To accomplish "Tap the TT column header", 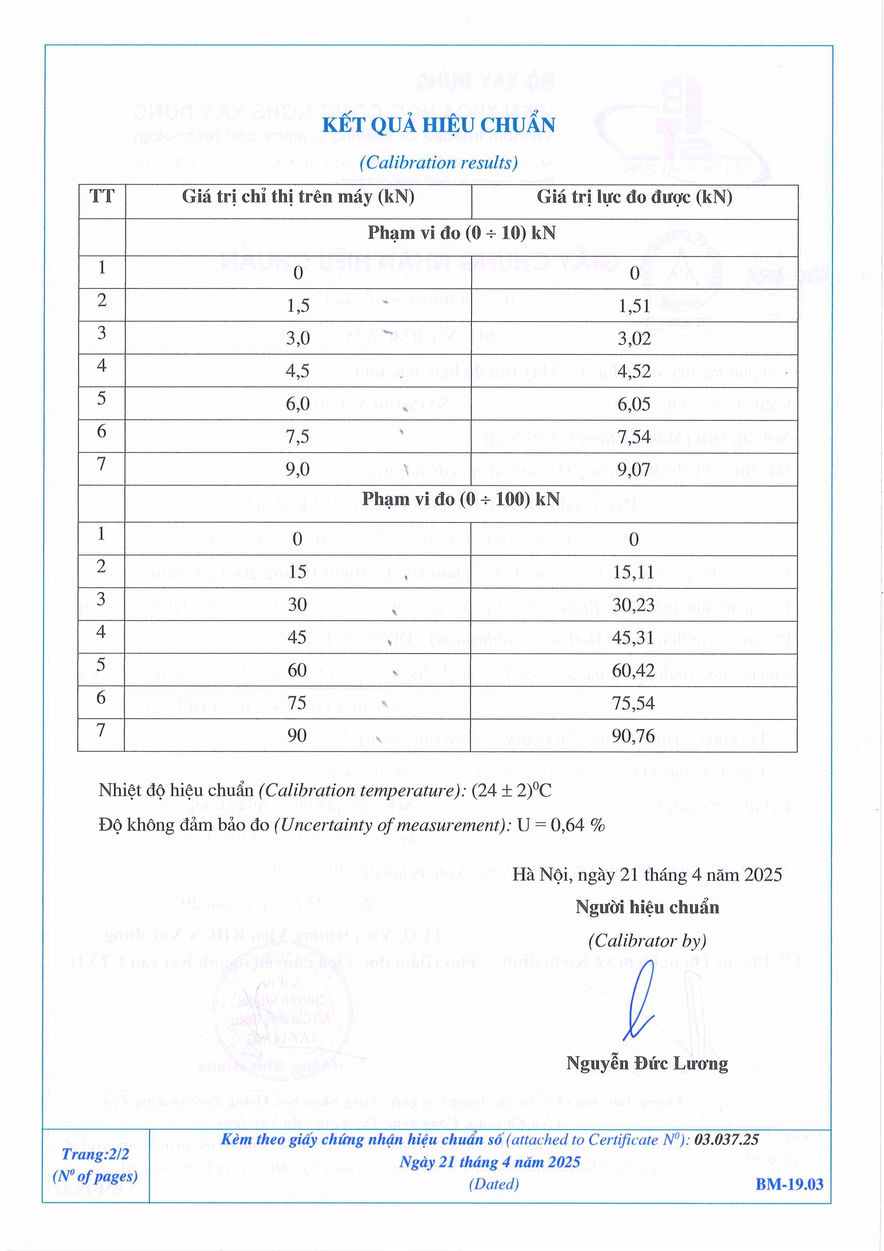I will click(x=102, y=196).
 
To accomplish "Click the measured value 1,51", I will click(x=634, y=306).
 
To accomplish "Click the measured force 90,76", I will click(x=633, y=736).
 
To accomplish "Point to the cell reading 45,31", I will click(x=633, y=638).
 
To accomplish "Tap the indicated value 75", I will click(x=297, y=703).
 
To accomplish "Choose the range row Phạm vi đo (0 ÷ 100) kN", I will click(x=461, y=499).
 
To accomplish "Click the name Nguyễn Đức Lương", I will click(x=647, y=1063).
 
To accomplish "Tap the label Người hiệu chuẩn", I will click(x=647, y=907).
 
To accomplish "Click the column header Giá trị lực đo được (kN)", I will click(x=634, y=197).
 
